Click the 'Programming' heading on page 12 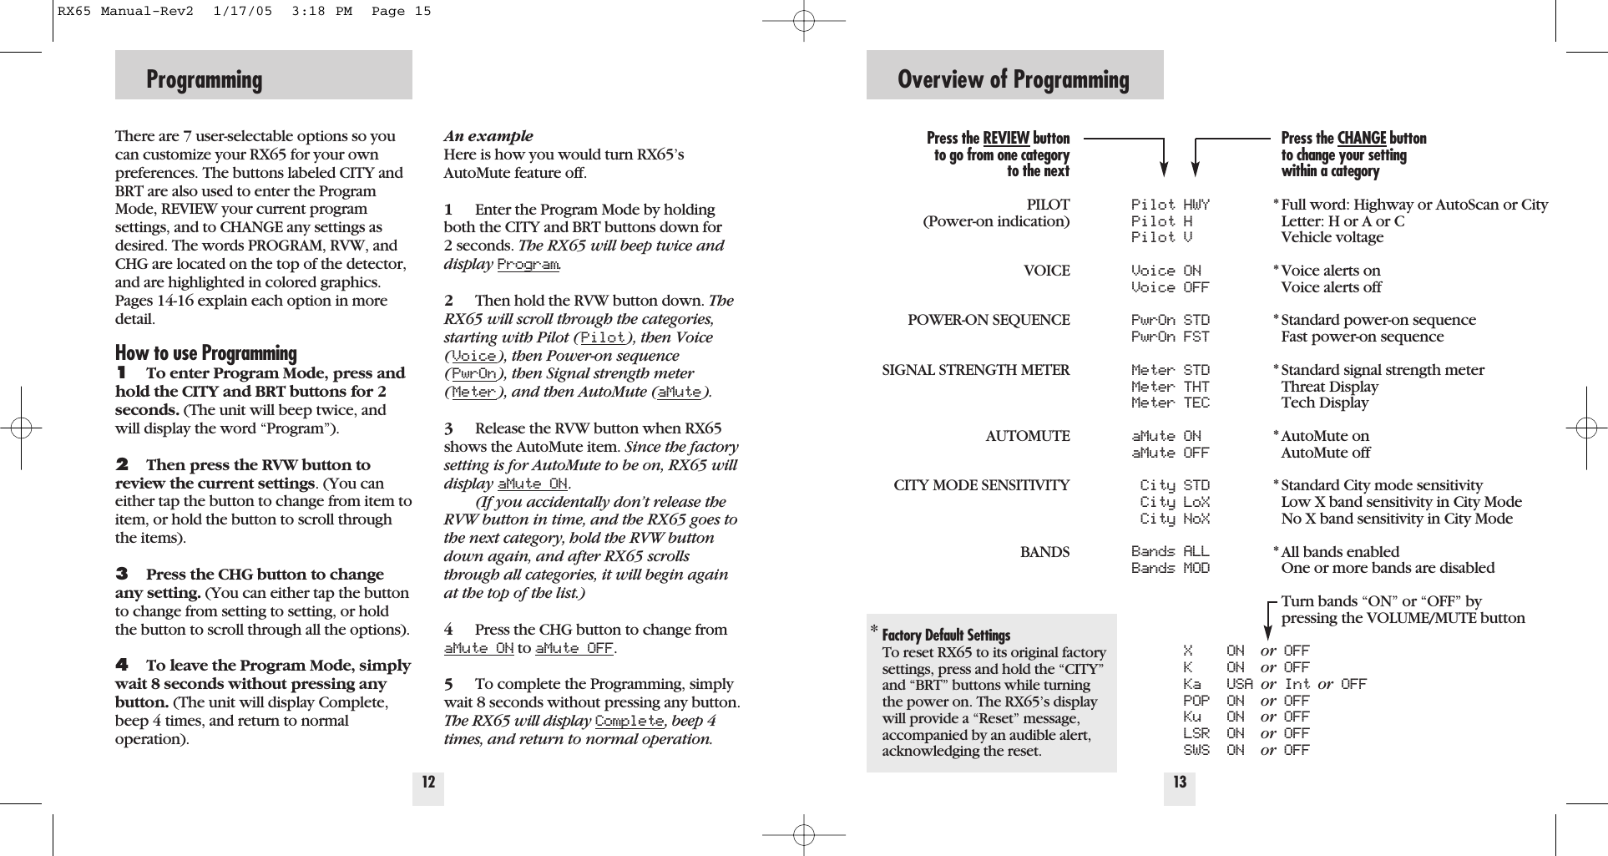pyautogui.click(x=205, y=79)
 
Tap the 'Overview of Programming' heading pyautogui.click(x=1013, y=79)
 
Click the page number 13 pyautogui.click(x=1180, y=783)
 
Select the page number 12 pyautogui.click(x=428, y=783)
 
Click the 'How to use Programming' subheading pyautogui.click(x=206, y=352)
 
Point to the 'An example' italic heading pyautogui.click(x=488, y=136)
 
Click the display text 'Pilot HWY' pyautogui.click(x=1170, y=205)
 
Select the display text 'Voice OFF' pyautogui.click(x=1170, y=287)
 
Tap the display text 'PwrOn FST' pyautogui.click(x=1170, y=337)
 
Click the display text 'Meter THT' pyautogui.click(x=1170, y=387)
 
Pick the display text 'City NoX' pyautogui.click(x=1174, y=519)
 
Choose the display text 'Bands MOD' pyautogui.click(x=1170, y=568)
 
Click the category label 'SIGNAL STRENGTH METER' pyautogui.click(x=975, y=370)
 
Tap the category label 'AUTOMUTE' pyautogui.click(x=1027, y=436)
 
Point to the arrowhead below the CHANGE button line pyautogui.click(x=1196, y=170)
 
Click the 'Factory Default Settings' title pyautogui.click(x=946, y=635)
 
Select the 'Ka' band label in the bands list pyautogui.click(x=1191, y=684)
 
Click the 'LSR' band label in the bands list pyautogui.click(x=1196, y=733)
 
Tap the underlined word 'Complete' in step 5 pyautogui.click(x=630, y=721)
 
